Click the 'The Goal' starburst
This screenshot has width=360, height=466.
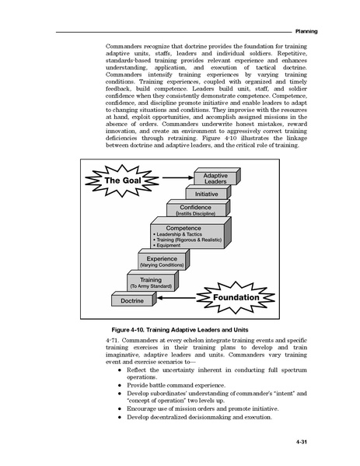[122, 180]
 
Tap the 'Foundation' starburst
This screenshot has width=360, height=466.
[236, 297]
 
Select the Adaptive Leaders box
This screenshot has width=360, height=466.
[217, 177]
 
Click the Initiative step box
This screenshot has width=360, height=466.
[208, 192]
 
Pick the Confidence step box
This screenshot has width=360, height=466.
[198, 208]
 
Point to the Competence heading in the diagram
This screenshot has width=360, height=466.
[183, 228]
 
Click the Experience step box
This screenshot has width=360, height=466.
[163, 259]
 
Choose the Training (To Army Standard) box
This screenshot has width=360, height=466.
[152, 281]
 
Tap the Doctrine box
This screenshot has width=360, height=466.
[134, 299]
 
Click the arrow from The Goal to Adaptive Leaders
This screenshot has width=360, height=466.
[178, 177]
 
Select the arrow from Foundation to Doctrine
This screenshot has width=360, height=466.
[177, 298]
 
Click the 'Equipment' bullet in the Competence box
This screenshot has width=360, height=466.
[166, 246]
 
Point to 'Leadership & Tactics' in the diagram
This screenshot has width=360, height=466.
[177, 234]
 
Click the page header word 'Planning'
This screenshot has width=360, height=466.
[306, 31]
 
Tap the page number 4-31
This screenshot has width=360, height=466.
[301, 442]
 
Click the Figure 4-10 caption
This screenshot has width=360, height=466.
[180, 330]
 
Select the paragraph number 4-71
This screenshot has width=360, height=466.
[112, 340]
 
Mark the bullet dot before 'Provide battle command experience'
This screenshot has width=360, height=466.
[120, 385]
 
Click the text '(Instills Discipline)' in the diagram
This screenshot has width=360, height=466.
[195, 214]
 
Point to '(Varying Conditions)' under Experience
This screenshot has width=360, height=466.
[162, 265]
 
